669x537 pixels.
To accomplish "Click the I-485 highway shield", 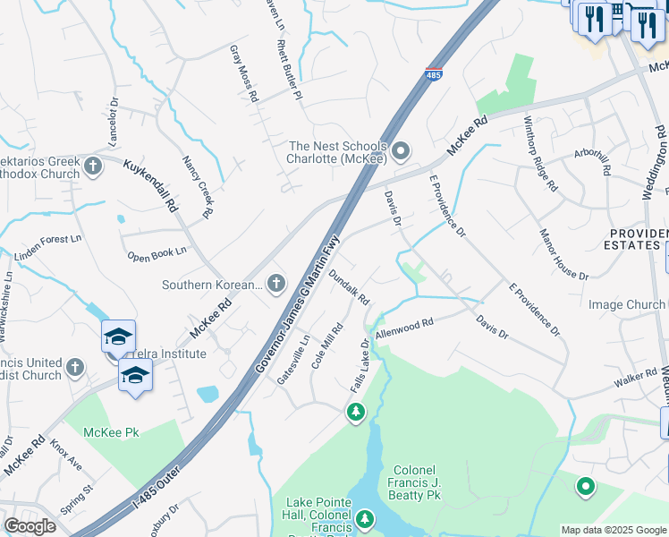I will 433,77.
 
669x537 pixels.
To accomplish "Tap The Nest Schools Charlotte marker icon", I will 401,150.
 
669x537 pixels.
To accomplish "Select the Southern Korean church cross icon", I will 275,285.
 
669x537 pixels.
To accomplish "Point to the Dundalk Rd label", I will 349,287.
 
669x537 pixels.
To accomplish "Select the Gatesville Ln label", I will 292,361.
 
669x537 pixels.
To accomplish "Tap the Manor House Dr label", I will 563,255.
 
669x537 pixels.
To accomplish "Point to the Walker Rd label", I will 636,378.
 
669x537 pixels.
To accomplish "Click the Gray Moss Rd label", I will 243,72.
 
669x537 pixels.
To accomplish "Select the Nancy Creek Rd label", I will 198,187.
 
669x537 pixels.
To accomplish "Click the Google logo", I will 30,526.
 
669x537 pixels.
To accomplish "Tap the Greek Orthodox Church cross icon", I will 93,165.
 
